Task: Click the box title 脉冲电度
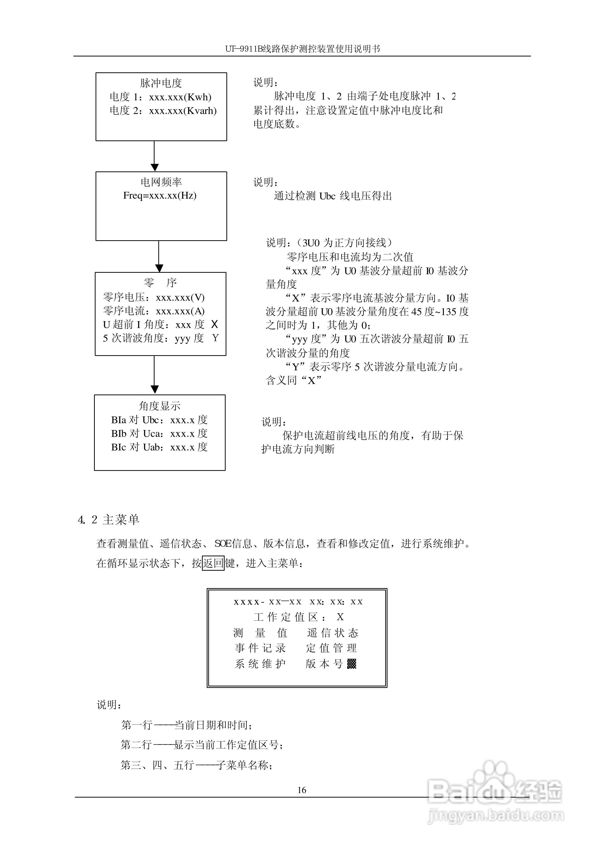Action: point(161,83)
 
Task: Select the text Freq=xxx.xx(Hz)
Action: point(160,195)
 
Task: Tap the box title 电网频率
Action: point(161,182)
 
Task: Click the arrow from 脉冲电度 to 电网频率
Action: point(155,156)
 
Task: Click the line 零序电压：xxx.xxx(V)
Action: point(154,297)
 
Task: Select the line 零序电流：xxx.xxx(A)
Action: point(154,311)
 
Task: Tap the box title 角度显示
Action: point(160,406)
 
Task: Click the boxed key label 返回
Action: point(213,563)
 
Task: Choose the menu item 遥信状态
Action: point(332,633)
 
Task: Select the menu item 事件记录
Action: point(260,648)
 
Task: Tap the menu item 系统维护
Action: point(260,664)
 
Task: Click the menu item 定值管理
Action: point(332,648)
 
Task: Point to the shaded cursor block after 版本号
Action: point(352,664)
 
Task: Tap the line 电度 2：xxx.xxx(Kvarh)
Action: point(163,111)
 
